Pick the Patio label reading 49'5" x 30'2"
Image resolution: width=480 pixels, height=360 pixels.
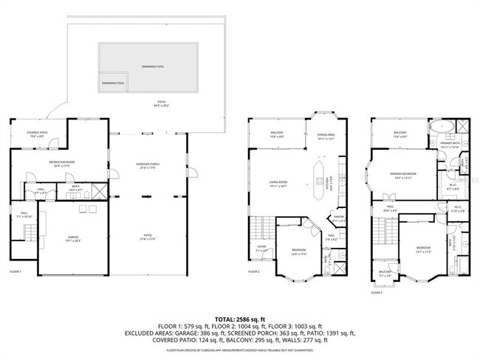160,104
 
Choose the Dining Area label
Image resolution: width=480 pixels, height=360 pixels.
326,136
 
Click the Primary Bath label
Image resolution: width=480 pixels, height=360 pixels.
450,145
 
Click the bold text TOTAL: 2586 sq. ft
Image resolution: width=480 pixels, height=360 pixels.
240,316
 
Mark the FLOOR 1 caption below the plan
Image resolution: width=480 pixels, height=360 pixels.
15,272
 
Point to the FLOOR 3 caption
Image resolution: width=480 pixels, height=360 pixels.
377,292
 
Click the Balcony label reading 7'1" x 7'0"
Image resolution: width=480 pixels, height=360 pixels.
385,274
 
